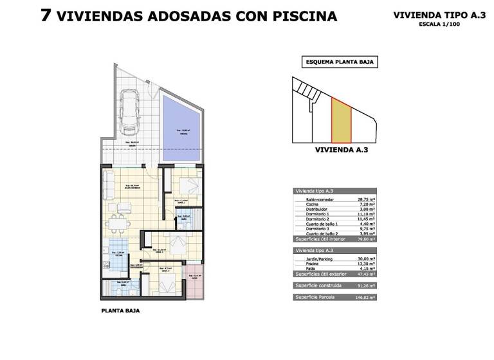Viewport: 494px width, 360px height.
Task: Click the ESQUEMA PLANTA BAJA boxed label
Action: (339, 63)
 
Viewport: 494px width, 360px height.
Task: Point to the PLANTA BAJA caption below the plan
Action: (120, 310)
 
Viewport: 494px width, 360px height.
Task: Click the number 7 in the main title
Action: (46, 15)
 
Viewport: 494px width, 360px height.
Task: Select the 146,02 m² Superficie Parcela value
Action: (365, 298)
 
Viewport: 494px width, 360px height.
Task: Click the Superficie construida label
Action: (319, 285)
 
